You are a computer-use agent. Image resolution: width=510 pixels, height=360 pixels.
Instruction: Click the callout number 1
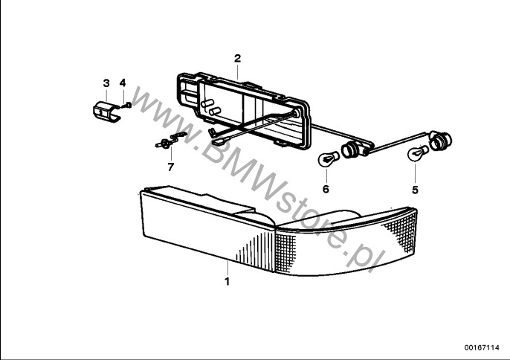pos(227,281)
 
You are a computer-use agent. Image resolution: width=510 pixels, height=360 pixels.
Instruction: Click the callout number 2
pos(237,57)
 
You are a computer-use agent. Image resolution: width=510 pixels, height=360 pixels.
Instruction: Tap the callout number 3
pos(106,82)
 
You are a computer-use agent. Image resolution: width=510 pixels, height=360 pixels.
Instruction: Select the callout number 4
pos(123,82)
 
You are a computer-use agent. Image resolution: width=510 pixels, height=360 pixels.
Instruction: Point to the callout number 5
pos(415,190)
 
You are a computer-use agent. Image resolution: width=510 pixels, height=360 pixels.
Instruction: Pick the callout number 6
pos(325,190)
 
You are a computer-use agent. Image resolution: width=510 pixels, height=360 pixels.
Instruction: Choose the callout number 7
pos(170,167)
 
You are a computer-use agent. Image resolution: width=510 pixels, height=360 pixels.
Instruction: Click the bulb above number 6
pos(326,158)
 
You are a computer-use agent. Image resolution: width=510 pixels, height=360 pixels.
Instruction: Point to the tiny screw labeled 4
pos(128,106)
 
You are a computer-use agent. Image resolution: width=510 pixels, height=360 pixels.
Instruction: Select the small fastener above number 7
pos(168,141)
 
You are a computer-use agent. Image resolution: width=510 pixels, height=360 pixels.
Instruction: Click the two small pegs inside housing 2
pos(212,108)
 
